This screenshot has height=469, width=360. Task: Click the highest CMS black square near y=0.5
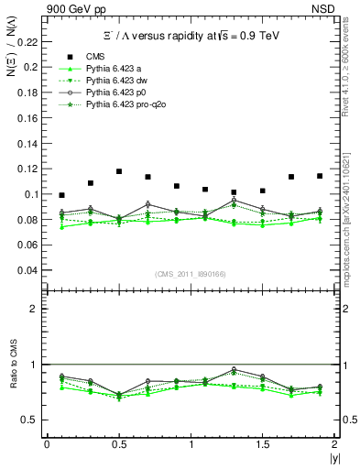[119, 171]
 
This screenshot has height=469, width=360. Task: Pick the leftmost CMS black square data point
[61, 195]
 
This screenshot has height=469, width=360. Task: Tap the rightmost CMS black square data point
[320, 176]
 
